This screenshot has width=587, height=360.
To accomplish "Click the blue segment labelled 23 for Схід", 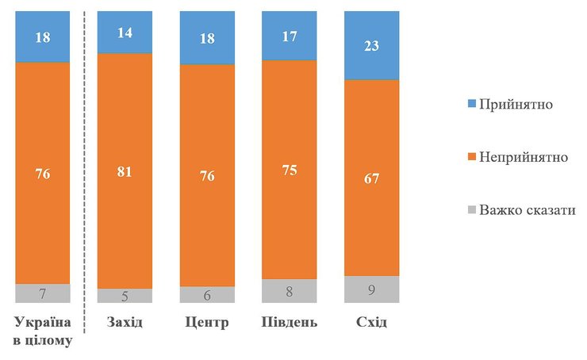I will [371, 46].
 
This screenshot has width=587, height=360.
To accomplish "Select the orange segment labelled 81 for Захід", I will [125, 170].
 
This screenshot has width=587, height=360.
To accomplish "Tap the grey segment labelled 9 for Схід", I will [371, 289].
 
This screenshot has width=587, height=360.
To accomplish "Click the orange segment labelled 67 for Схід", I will [371, 178].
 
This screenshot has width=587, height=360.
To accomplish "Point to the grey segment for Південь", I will [289, 290].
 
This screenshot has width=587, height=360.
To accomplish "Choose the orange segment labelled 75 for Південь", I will [289, 169].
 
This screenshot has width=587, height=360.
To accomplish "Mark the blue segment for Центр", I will [207, 38].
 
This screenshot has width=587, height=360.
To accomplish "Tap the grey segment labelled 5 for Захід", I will [125, 295].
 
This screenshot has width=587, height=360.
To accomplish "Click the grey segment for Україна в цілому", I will [42, 293].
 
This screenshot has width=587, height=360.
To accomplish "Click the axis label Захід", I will [125, 324].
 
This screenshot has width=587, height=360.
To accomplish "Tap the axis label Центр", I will [207, 324].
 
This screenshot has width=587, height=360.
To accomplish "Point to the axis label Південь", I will [289, 324].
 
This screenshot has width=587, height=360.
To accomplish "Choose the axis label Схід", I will [371, 324].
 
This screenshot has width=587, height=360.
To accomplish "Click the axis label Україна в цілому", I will [44, 331].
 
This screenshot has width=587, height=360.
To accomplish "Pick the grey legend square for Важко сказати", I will [470, 211].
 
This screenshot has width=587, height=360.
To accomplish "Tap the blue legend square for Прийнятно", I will [470, 105].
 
